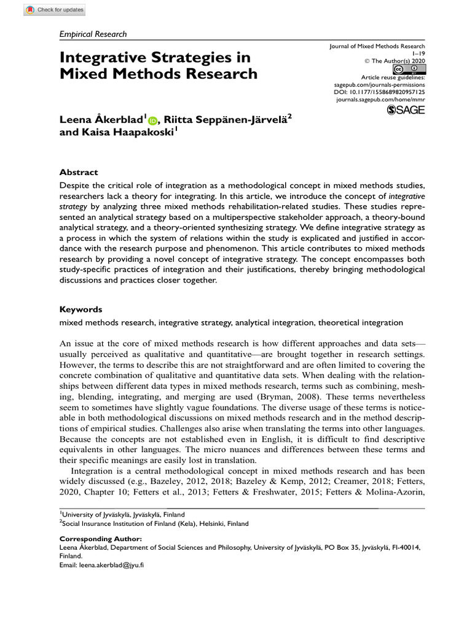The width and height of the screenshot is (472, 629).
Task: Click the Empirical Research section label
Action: (93, 34)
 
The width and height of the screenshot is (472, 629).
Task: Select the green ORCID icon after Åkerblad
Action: (152, 120)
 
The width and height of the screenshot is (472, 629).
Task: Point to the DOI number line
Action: (379, 92)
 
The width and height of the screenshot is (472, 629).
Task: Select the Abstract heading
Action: (78, 173)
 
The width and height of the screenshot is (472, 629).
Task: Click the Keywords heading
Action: (81, 309)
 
